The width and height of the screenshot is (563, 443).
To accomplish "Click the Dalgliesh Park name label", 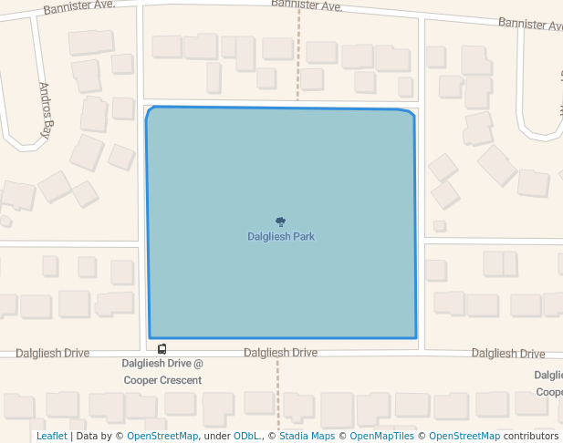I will pyautogui.click(x=280, y=237).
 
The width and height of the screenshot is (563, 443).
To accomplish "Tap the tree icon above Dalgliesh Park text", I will pyautogui.click(x=280, y=221).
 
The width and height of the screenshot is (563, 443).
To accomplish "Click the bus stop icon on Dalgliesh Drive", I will pyautogui.click(x=162, y=349).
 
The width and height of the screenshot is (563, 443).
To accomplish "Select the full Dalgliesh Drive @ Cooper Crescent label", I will pyautogui.click(x=162, y=372).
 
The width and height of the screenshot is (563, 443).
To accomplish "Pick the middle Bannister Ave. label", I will pyautogui.click(x=307, y=5).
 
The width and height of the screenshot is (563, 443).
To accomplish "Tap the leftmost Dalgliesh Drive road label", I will pyautogui.click(x=52, y=353).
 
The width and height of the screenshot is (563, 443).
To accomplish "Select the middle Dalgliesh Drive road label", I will pyautogui.click(x=280, y=353).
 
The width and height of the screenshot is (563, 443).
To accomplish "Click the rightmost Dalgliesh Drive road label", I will pyautogui.click(x=508, y=354).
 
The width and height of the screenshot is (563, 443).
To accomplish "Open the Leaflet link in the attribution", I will pyautogui.click(x=51, y=437).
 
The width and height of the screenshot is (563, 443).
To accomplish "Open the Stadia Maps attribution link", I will pyautogui.click(x=307, y=437).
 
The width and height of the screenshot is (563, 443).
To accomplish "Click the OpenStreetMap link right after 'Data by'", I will pyautogui.click(x=162, y=437).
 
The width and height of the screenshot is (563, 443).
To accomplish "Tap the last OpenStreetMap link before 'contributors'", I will pyautogui.click(x=464, y=437).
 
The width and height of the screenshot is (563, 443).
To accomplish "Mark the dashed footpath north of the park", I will pyautogui.click(x=297, y=55).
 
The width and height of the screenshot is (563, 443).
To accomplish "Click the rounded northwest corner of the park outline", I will pyautogui.click(x=150, y=111).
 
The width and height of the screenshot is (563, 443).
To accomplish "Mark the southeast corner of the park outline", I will pyautogui.click(x=416, y=337).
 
